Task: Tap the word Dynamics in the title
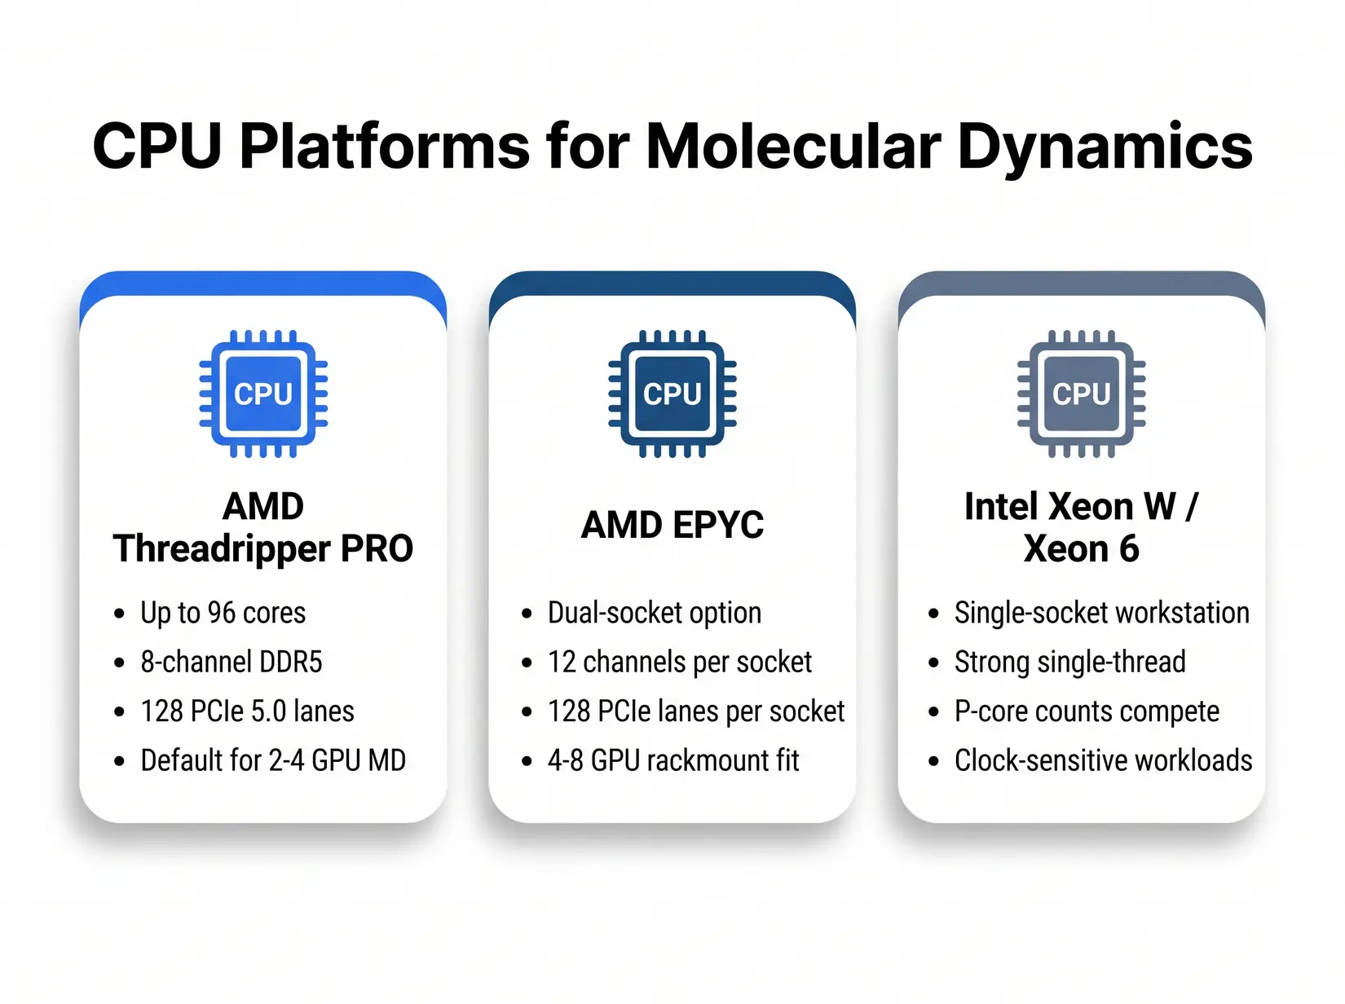pos(1105,147)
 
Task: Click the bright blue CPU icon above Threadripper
pos(263,394)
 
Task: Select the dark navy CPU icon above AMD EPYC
pos(672,394)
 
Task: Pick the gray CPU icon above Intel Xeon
pos(1081,394)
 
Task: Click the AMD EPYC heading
pos(672,525)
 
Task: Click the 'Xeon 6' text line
pos(1081,549)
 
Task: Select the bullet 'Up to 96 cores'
pos(223,613)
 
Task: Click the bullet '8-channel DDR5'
pos(232,662)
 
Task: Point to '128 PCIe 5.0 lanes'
pos(247,711)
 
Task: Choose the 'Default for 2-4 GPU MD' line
pos(273,760)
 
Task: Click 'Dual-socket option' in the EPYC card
pos(654,613)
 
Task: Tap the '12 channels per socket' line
pos(680,662)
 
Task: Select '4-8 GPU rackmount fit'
pos(673,760)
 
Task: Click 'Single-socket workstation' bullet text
pos(1101,613)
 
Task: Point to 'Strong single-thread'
pos(1069,662)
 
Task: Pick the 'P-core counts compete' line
pos(1087,711)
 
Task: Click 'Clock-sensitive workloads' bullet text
pos(1103,760)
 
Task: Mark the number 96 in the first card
pos(222,613)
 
